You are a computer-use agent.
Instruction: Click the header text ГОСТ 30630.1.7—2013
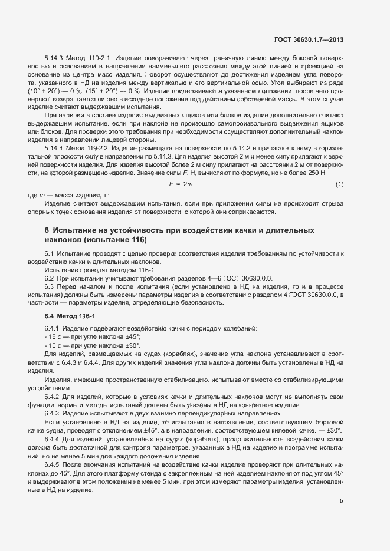[x=309, y=40]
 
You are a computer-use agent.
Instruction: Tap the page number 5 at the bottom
[x=341, y=452]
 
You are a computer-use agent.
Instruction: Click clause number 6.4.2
[x=52, y=395]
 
